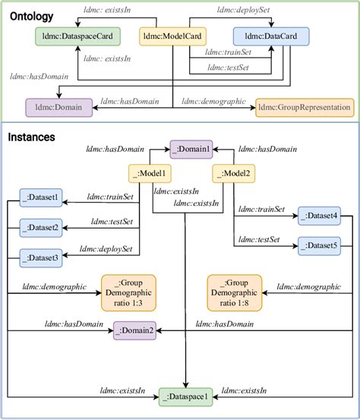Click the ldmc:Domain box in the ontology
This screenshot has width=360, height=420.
click(54, 108)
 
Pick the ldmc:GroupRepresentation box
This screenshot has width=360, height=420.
click(305, 108)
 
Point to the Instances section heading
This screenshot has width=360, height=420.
click(33, 137)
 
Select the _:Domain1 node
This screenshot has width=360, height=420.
click(191, 149)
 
